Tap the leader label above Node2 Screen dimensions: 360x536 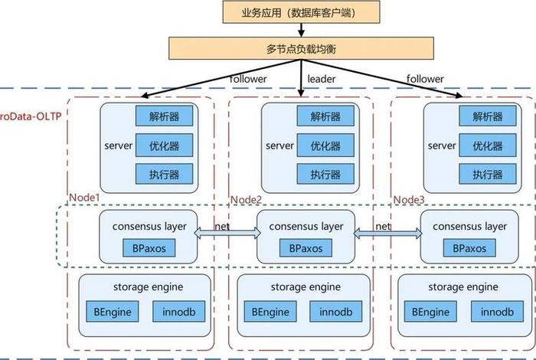click(322, 79)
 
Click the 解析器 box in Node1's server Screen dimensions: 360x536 click(164, 116)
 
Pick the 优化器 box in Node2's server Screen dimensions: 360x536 click(325, 146)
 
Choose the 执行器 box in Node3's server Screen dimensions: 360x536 click(487, 175)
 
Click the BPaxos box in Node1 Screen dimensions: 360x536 click(149, 249)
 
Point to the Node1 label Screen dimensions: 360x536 click(85, 198)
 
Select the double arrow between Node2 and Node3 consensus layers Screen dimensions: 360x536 click(386, 236)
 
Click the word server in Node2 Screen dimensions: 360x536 click(280, 146)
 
